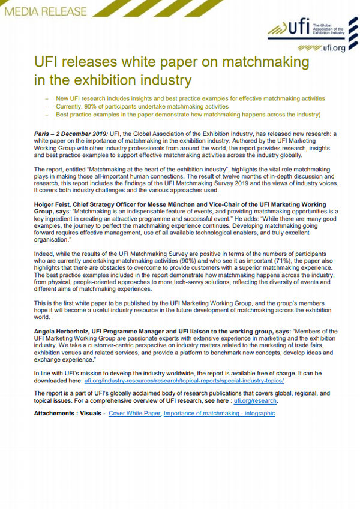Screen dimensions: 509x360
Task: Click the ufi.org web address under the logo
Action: point(329,47)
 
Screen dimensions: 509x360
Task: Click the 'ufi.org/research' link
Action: point(256,401)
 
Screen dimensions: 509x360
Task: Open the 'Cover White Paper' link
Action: point(134,414)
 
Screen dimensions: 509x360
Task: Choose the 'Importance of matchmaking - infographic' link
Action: point(219,414)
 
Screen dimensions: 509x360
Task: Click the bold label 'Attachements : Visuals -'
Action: point(70,414)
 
